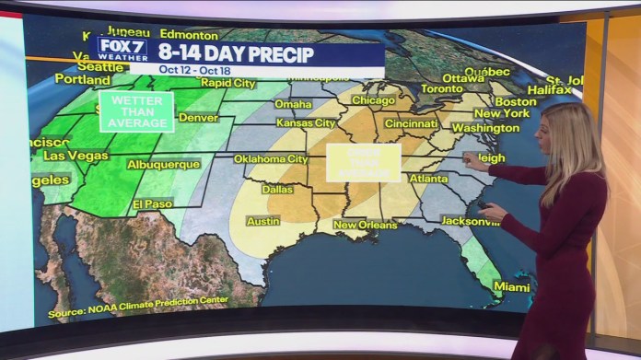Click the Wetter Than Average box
[136, 111]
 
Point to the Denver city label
[198, 118]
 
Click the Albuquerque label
[163, 165]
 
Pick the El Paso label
[152, 203]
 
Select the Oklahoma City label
[270, 158]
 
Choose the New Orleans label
[365, 225]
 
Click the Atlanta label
[428, 179]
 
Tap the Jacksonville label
[471, 221]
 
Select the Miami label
[511, 286]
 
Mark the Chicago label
[372, 100]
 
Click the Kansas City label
[306, 122]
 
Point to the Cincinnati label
[411, 123]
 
